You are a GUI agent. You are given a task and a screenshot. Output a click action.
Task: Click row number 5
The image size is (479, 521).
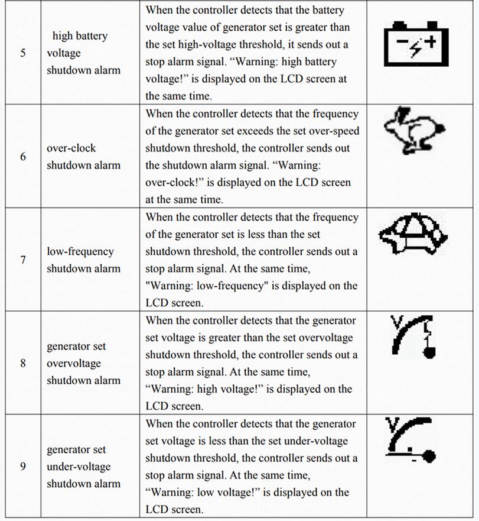23,53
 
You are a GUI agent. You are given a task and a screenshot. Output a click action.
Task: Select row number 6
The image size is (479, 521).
23,157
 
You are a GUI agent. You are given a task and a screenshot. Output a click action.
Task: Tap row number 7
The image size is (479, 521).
23,260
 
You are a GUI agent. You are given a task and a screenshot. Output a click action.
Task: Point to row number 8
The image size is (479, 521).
23,363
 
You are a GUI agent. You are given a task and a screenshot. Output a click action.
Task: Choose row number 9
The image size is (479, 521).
23,467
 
